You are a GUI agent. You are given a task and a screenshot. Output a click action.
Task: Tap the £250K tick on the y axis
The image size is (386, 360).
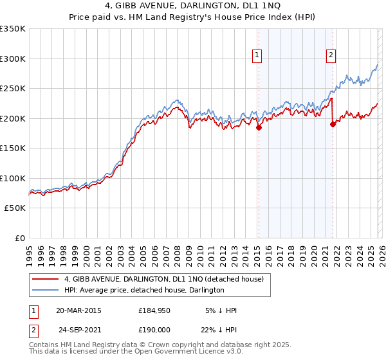click(x=13, y=89)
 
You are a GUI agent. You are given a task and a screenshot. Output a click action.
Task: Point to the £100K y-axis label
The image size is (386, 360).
click(x=13, y=178)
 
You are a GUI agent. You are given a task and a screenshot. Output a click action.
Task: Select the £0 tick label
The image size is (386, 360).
click(x=20, y=238)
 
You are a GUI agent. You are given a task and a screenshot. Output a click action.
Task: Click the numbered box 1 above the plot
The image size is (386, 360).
click(x=257, y=55)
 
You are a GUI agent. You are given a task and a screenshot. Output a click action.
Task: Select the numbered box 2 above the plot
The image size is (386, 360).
click(x=331, y=55)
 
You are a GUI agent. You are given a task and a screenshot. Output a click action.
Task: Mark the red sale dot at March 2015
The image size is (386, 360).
click(x=259, y=127)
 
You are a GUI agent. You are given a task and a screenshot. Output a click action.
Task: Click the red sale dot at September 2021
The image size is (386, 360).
click(x=333, y=125)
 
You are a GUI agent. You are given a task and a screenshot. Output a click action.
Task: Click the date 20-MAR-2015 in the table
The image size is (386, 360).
click(x=78, y=310)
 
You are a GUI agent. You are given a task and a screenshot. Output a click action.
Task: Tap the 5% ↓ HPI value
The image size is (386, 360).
click(x=221, y=310)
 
